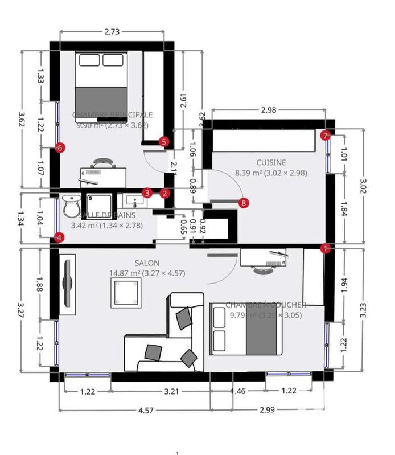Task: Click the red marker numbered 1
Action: pos(326,248)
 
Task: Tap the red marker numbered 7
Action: pos(325,135)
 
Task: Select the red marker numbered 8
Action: pos(244,202)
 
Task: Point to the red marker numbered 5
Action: pos(164,141)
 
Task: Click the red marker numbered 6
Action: pos(61,147)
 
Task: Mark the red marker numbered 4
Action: pos(59,238)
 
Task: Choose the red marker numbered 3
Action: pos(147,193)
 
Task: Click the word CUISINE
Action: pos(271,162)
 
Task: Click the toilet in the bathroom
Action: pos(71,206)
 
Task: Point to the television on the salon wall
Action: pos(68,283)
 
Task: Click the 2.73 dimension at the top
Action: pos(112,32)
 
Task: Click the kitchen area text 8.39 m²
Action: pos(248,173)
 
